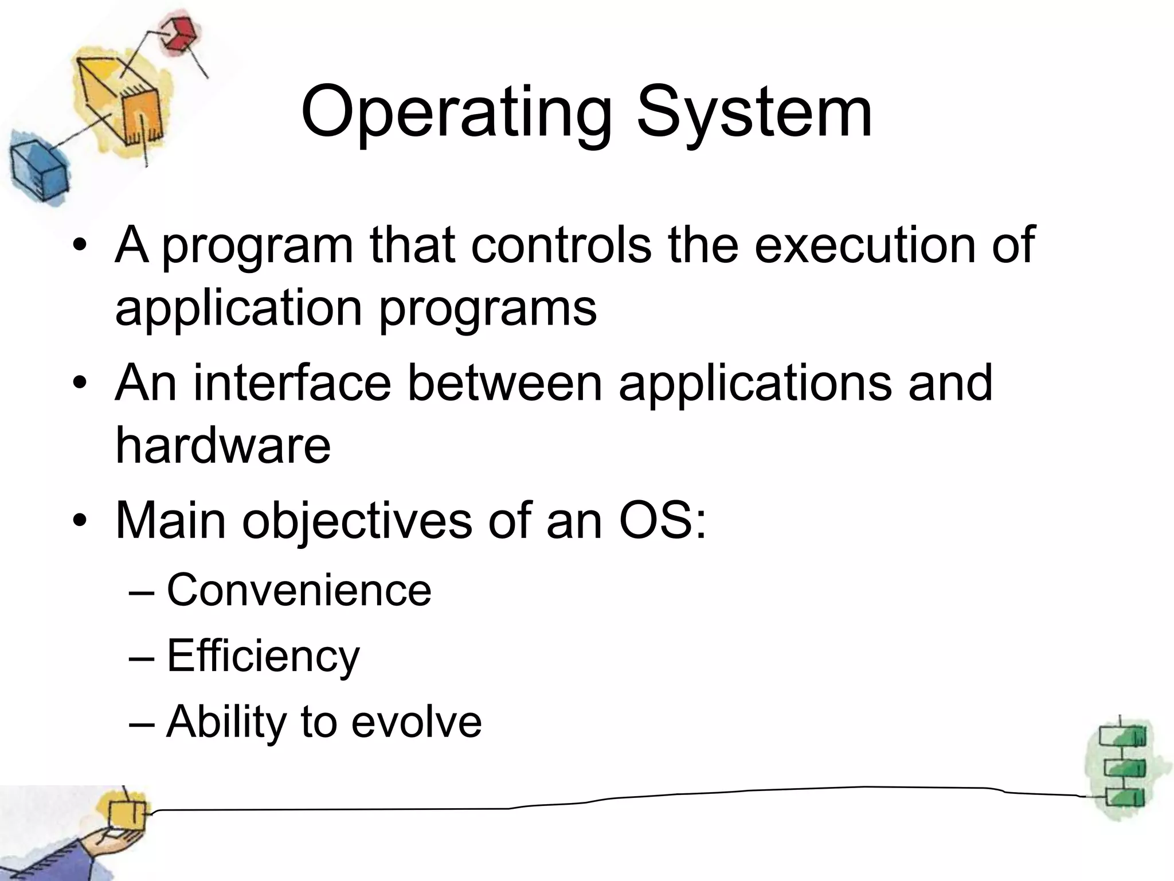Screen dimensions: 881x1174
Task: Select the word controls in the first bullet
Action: click(x=561, y=245)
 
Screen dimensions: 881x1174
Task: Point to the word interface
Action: click(x=292, y=383)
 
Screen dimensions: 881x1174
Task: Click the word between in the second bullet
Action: click(x=504, y=383)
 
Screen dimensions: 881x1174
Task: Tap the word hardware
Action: click(x=223, y=446)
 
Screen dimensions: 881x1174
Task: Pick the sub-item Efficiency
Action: click(x=263, y=656)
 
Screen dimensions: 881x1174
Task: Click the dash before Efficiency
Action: click(x=142, y=657)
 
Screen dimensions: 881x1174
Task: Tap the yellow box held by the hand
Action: click(x=127, y=814)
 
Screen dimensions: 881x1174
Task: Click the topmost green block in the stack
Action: click(x=1122, y=736)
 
